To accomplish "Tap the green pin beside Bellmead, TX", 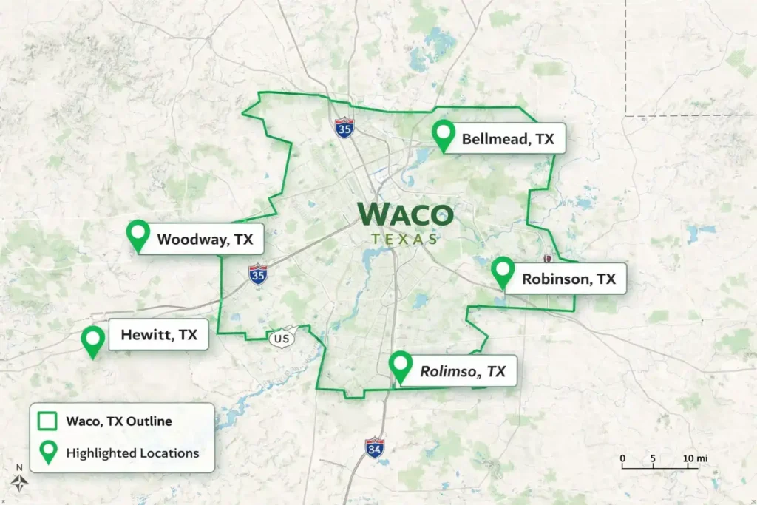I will coord(444,135).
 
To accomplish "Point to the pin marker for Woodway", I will coord(138,234).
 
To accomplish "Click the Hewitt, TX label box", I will coord(160,335).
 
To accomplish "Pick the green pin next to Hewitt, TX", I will coord(93,340).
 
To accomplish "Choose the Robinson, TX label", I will coord(568,279).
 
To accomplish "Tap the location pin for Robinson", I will coord(503,271).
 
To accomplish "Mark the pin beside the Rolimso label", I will coord(401,366).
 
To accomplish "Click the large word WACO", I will coord(405,214).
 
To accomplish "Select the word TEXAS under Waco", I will coord(404,239).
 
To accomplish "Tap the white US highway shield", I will coord(282,338).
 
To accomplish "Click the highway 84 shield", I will coord(375,447).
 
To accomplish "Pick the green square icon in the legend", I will coord(48,421).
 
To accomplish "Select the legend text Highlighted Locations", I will coord(132,453).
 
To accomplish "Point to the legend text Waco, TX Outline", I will coord(119,421).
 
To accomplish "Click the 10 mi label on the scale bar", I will coord(694,459).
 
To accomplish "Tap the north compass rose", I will coord(21,481).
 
